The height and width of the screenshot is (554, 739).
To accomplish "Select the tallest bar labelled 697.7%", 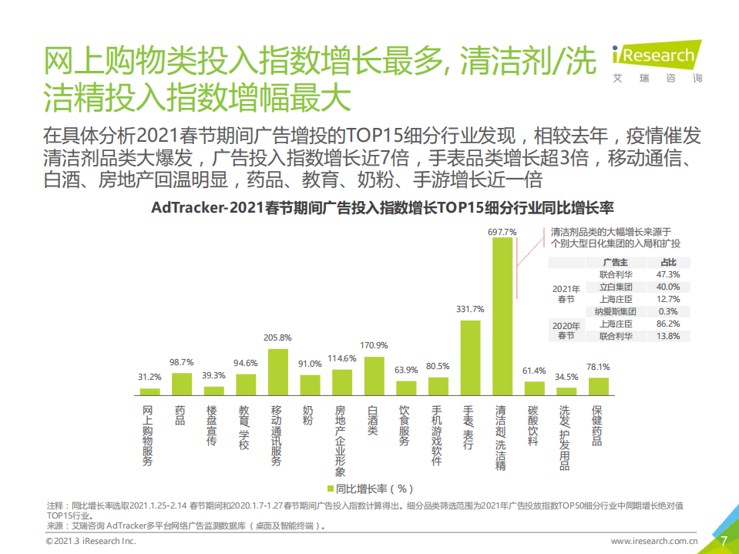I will click(x=502, y=316).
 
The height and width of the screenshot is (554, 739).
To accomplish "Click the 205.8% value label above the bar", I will click(x=277, y=337).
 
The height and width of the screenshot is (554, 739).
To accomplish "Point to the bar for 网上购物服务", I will click(x=149, y=391).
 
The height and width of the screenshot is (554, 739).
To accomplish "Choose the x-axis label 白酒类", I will click(x=374, y=421).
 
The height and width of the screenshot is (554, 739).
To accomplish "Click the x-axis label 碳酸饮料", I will click(x=533, y=426).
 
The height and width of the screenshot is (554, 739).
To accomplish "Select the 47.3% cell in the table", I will click(x=668, y=274).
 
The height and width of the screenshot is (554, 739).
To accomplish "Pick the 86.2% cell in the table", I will click(x=668, y=324).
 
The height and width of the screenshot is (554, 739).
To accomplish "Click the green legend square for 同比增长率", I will click(x=330, y=489).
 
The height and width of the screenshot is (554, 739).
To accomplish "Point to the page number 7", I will click(x=724, y=540).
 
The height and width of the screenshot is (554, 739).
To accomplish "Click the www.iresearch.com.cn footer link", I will click(x=654, y=542).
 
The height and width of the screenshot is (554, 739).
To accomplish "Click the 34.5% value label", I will click(x=566, y=377).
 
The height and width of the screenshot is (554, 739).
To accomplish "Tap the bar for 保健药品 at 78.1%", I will click(x=598, y=385).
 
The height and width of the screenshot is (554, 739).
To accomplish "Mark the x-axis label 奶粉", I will click(x=309, y=416).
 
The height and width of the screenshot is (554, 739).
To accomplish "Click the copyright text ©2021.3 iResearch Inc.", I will click(x=90, y=542).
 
